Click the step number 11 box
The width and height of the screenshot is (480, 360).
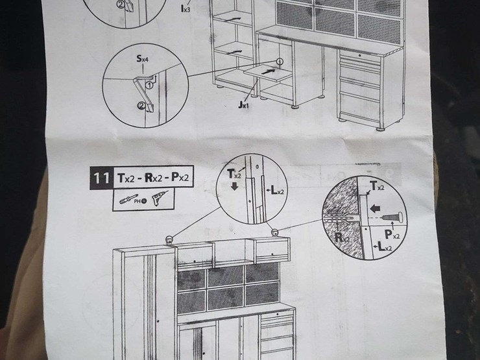[101, 177]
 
